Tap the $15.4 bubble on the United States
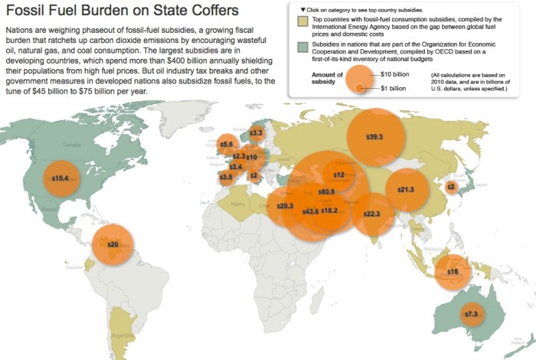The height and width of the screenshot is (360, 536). click(60, 178)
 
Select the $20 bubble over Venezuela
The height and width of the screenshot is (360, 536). click(113, 244)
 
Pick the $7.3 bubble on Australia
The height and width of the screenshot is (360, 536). click(471, 314)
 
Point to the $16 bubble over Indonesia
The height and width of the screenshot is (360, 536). click(453, 272)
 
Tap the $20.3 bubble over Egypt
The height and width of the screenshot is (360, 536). click(285, 206)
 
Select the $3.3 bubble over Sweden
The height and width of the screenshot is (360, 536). click(256, 133)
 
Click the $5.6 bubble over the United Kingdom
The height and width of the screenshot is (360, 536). click(227, 144)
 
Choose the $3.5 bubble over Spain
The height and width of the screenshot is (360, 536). click(226, 177)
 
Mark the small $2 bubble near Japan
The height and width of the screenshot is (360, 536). click(451, 186)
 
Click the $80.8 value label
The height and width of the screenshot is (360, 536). click(326, 191)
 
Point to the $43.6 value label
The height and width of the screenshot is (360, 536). click(310, 211)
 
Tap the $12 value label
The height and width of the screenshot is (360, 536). click(338, 175)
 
